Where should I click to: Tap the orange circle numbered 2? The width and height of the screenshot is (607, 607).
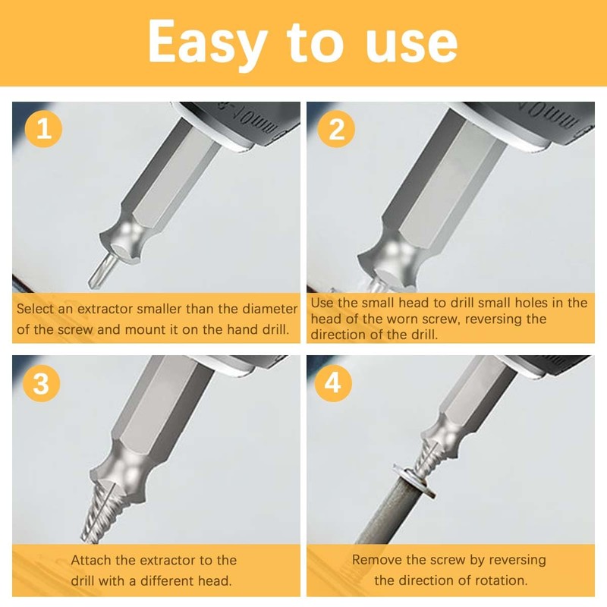pyautogui.click(x=336, y=128)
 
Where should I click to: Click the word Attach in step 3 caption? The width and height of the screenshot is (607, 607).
pyautogui.click(x=93, y=561)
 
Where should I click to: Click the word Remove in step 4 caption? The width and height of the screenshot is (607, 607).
pyautogui.click(x=376, y=560)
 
